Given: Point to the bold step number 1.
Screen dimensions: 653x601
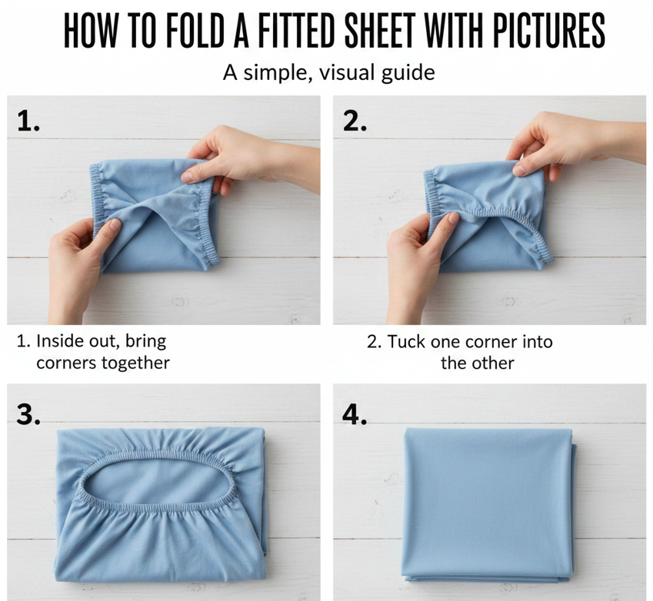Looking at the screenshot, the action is pyautogui.click(x=28, y=121).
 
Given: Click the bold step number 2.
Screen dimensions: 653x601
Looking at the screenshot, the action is pyautogui.click(x=355, y=121).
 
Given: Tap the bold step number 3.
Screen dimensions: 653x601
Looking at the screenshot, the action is pyautogui.click(x=28, y=414).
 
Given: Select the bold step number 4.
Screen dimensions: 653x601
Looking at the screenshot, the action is pyautogui.click(x=355, y=414).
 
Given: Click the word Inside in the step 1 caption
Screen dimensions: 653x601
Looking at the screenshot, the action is pyautogui.click(x=53, y=341).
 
